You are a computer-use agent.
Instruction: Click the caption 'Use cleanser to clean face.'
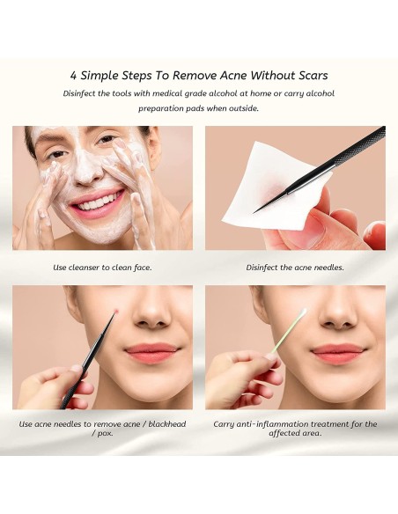click(x=102, y=267)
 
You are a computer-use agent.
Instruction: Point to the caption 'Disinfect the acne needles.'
click(x=295, y=267)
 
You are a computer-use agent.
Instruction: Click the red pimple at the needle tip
click(x=118, y=311)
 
